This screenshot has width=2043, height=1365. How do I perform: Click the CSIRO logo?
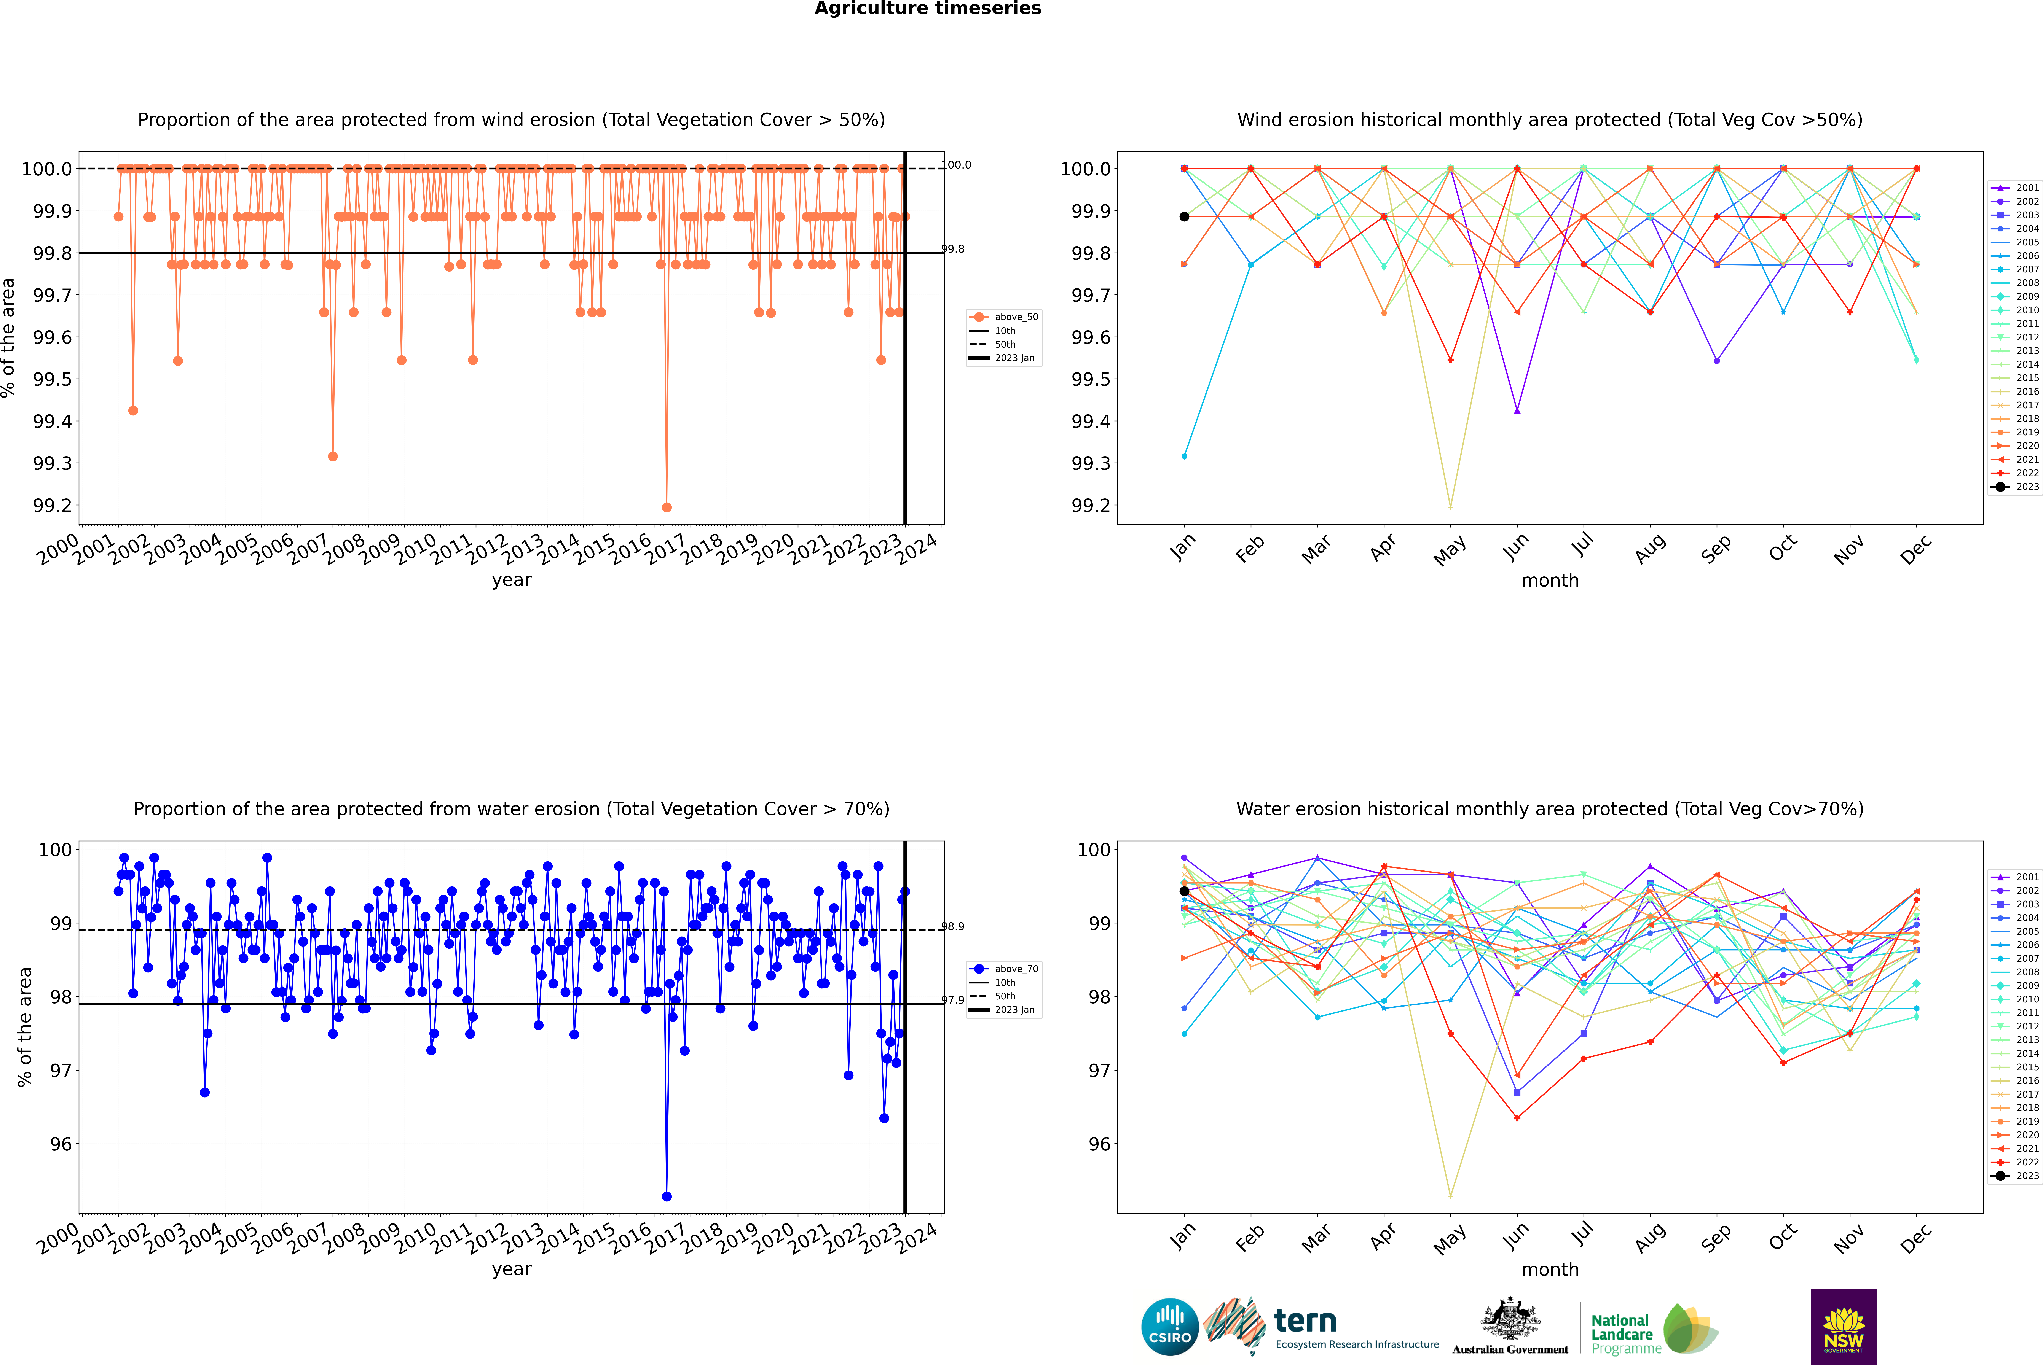(1170, 1327)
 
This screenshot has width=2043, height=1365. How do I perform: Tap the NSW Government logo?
(1844, 1327)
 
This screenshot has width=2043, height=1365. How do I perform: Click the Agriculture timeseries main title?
(927, 9)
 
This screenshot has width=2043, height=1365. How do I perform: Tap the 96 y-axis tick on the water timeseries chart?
(61, 1144)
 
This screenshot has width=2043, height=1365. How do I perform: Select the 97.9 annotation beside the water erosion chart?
(953, 1000)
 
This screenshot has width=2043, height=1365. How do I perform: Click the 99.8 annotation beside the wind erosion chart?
(953, 249)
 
